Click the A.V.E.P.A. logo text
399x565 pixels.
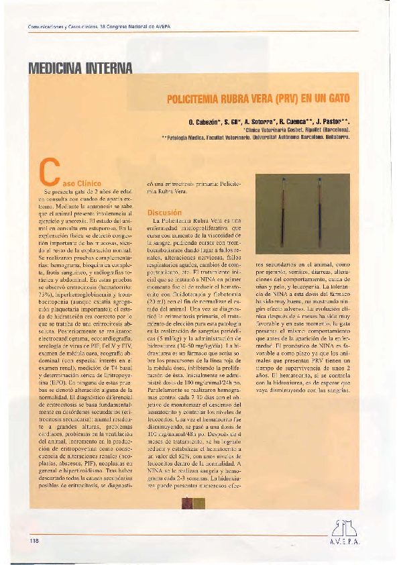[343, 542]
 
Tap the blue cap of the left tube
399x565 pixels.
[284, 180]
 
